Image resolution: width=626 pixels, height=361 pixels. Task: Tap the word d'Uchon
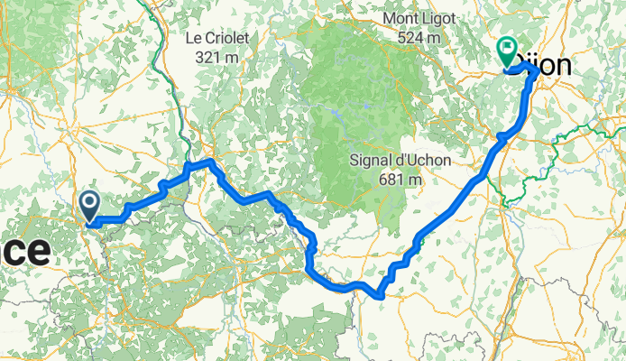point(421,162)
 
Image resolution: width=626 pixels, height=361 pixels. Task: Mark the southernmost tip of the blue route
point(380,294)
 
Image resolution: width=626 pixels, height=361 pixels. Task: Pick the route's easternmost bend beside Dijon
point(538,71)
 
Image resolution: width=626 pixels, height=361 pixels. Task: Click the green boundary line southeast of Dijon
point(577,133)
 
